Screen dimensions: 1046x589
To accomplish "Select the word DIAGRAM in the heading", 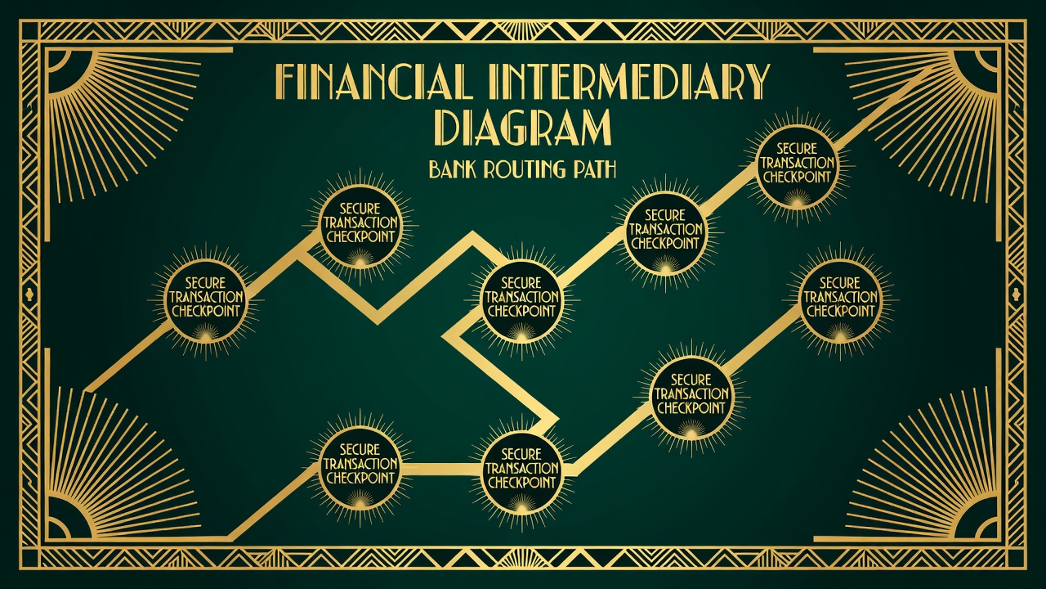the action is [523, 126].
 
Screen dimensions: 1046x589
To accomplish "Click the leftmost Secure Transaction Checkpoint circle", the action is [206, 303].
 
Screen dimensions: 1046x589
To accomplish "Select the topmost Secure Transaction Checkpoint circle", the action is [797, 168].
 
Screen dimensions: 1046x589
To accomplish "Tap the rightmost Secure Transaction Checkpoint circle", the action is [840, 303].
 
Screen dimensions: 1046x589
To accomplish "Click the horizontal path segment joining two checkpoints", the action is [440, 466].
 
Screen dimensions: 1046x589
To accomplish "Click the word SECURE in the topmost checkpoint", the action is [797, 149].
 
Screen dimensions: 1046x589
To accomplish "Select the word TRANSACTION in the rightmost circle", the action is [840, 297].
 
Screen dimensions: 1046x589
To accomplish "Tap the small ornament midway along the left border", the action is [29, 294].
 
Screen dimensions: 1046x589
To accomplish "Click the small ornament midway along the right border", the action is [1017, 294].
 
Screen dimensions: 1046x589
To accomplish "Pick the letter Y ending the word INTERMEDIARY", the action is [757, 83].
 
